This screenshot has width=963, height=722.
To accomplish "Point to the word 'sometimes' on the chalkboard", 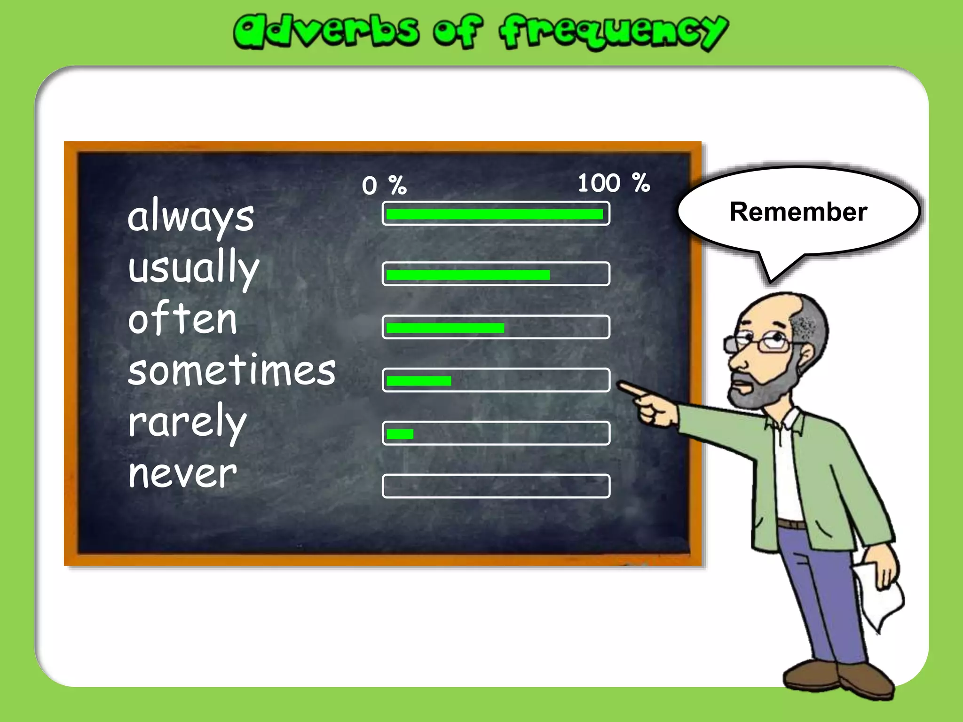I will point(232,371).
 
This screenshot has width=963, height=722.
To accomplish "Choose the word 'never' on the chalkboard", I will point(182,474).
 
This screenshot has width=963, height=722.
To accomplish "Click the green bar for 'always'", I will point(494,214).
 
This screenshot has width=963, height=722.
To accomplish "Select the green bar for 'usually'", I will point(468,275).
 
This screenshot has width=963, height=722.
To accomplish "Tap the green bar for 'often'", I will point(445,328).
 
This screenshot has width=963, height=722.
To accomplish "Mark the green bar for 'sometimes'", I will point(418,381).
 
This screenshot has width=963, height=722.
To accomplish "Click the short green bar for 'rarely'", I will point(400,434).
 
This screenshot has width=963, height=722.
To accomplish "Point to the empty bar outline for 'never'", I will point(496,486).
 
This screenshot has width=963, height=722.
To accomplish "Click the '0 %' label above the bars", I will point(384,186).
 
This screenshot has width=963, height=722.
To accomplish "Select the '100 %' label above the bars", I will point(613,183).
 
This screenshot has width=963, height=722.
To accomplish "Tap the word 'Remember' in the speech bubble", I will point(798,212).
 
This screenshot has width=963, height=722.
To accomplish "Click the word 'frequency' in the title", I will point(613,31).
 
